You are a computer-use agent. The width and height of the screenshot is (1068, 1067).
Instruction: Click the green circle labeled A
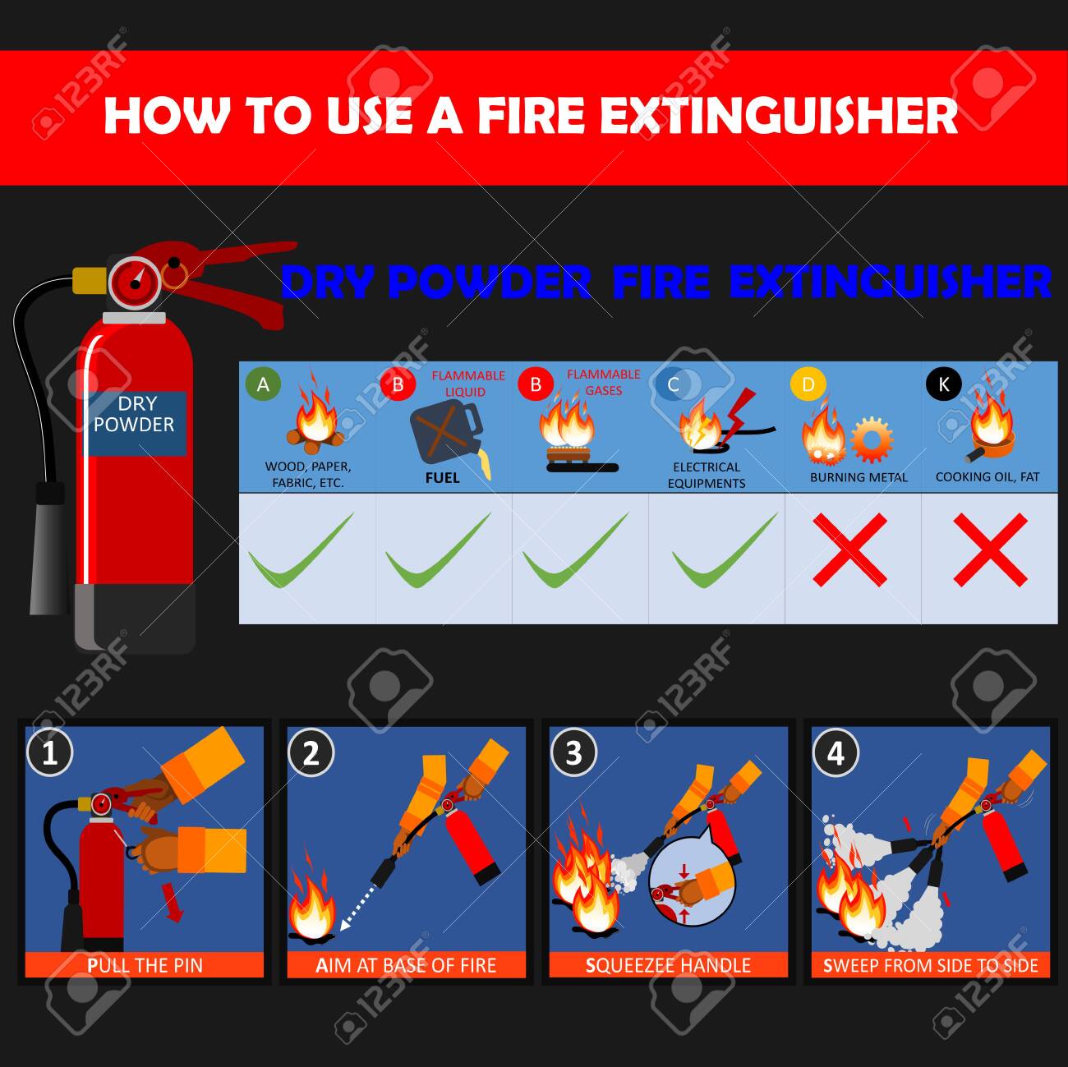click(263, 384)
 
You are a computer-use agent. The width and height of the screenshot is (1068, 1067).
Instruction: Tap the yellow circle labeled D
click(808, 384)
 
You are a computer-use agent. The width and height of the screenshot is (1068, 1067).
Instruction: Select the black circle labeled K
click(943, 384)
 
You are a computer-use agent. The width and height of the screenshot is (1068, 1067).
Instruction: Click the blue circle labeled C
click(673, 384)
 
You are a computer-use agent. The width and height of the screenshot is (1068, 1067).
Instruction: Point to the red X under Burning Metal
click(849, 550)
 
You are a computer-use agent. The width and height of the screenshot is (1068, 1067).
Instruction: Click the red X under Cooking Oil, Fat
click(991, 550)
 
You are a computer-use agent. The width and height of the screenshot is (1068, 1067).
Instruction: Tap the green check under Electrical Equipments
click(725, 550)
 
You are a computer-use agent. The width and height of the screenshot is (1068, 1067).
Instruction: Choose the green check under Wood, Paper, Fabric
click(301, 550)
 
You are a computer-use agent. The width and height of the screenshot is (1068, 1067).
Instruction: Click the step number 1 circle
click(50, 752)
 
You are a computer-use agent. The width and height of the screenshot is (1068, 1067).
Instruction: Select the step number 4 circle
click(836, 752)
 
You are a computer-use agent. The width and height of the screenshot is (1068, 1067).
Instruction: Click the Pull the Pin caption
click(145, 965)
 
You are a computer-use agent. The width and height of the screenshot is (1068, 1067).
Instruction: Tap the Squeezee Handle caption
click(668, 965)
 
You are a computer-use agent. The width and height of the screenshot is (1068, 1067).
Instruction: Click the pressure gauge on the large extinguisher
click(135, 282)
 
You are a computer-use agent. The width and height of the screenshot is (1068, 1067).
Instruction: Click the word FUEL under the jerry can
click(442, 477)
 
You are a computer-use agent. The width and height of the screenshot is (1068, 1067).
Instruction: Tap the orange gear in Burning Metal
click(872, 439)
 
